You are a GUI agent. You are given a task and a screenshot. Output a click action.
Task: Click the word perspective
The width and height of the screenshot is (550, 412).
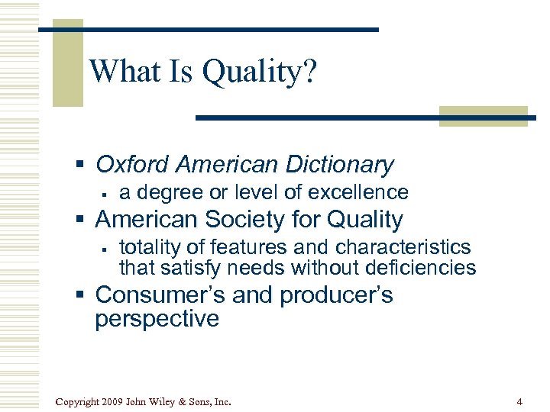coord(157,318)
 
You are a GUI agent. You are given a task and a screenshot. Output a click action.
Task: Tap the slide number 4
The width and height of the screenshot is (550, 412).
coord(519,401)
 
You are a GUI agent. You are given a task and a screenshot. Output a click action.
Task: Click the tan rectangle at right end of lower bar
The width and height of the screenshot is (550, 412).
coord(483,116)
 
